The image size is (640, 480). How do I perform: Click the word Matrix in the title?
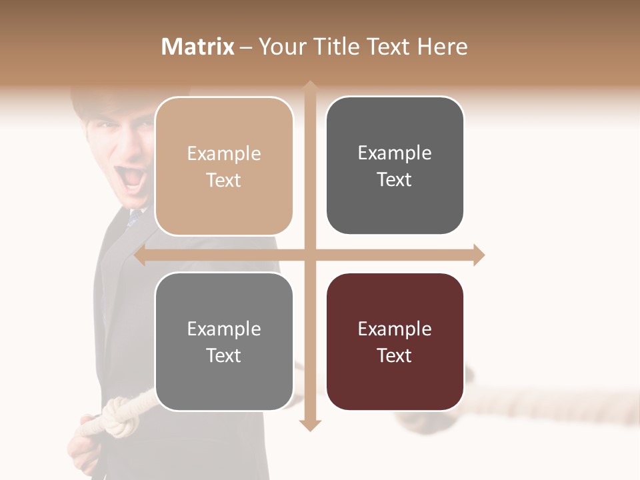[197, 47]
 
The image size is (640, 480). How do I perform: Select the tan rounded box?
[224, 166]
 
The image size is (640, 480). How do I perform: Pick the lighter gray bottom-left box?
[224, 341]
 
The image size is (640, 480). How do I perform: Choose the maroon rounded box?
[395, 341]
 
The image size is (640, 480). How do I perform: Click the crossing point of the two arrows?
[309, 255]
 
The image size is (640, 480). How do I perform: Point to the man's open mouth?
[133, 178]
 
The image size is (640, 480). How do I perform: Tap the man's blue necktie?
[134, 217]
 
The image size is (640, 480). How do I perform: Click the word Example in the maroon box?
[395, 329]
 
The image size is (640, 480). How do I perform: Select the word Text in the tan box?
[224, 180]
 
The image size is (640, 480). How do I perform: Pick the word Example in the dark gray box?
[395, 153]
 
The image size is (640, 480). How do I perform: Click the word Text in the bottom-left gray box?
[224, 355]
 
